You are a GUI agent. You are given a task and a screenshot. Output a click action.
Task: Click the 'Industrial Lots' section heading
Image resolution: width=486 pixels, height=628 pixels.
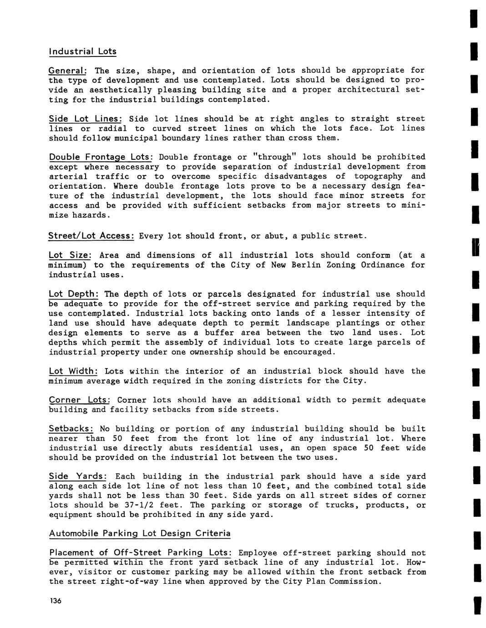point(82,51)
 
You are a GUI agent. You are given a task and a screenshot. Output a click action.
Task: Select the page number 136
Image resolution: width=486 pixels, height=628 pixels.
point(55,601)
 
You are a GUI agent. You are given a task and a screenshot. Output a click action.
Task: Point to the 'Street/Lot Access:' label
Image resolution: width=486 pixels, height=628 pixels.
point(91,236)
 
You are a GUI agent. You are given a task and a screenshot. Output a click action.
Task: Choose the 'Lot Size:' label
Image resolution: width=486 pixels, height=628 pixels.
point(70,255)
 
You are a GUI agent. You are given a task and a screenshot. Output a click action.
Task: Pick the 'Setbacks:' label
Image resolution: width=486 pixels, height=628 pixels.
point(71,429)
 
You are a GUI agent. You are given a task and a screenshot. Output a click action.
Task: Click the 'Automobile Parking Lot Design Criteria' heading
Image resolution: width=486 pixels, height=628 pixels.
point(140,533)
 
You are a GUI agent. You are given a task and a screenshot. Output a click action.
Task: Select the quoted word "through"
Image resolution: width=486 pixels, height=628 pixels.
point(274,157)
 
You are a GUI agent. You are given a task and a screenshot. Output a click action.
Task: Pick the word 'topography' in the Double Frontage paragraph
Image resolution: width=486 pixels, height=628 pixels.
point(378,177)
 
